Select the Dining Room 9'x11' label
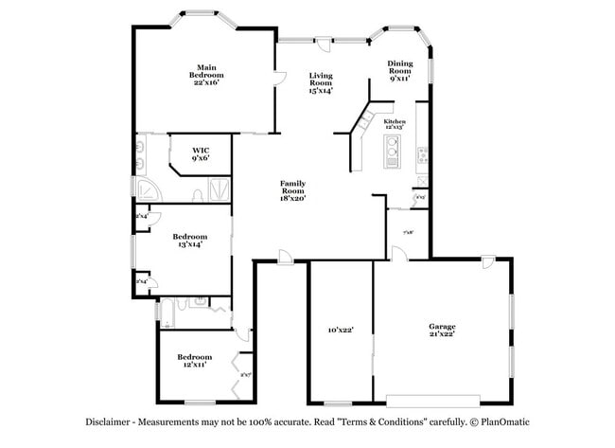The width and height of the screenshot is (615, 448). [x=399, y=71]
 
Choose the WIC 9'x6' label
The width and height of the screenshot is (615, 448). [x=201, y=153]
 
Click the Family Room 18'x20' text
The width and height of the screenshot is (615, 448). [x=291, y=190]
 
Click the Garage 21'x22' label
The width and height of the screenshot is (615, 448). [x=441, y=329]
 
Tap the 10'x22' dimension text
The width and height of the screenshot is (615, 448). [x=340, y=330]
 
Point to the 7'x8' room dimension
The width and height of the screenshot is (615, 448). [x=408, y=232]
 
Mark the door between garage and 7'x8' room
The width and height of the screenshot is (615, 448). [x=399, y=253]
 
